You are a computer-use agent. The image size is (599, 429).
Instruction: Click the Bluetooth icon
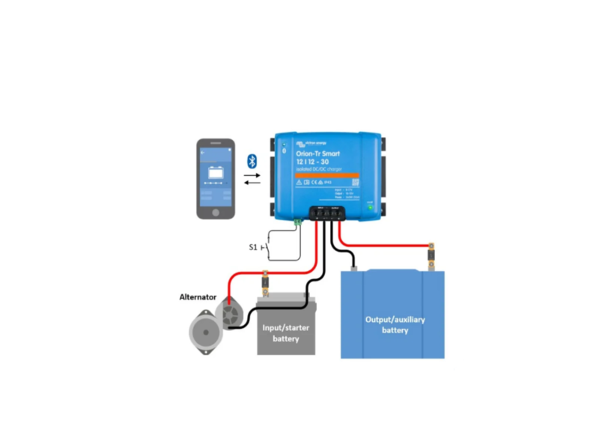click(x=252, y=161)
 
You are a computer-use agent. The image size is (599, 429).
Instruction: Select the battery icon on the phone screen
click(x=216, y=174)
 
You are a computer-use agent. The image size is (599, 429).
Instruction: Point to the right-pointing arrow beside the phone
click(x=252, y=176)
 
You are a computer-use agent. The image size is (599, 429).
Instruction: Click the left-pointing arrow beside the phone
click(x=252, y=183)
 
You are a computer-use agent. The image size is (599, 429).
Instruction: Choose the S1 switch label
click(x=253, y=247)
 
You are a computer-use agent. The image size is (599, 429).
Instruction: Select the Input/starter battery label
click(x=285, y=334)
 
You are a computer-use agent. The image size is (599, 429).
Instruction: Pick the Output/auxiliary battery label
click(x=395, y=324)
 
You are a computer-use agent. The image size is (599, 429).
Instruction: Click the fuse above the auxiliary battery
click(x=431, y=256)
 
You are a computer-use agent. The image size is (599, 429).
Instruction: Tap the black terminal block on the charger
click(x=328, y=213)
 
